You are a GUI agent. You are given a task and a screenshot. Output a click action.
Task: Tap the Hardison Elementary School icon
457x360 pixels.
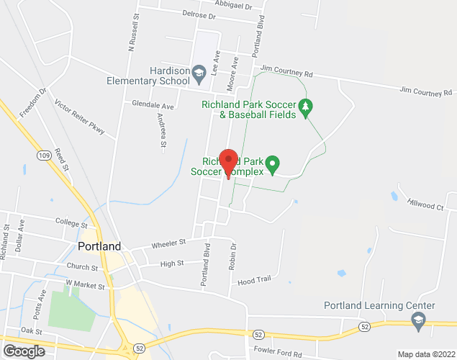[199, 71]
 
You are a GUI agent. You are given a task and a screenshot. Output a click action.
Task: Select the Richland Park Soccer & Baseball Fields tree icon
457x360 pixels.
[306, 106]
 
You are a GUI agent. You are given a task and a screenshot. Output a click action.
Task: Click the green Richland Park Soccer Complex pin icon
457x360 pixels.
[273, 164]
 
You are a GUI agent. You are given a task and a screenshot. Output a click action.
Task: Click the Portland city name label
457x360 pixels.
[99, 246]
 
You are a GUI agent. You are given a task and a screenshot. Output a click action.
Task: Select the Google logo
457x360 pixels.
[23, 351]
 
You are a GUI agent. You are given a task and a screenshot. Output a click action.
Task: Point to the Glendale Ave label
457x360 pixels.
[153, 105]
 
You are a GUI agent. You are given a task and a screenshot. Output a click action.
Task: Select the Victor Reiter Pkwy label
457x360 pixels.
[80, 117]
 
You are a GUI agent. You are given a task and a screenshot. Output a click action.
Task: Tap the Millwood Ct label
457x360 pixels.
[425, 204]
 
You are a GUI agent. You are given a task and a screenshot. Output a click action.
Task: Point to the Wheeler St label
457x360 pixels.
[168, 244]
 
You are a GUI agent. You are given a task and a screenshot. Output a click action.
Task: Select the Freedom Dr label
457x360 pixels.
[33, 102]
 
